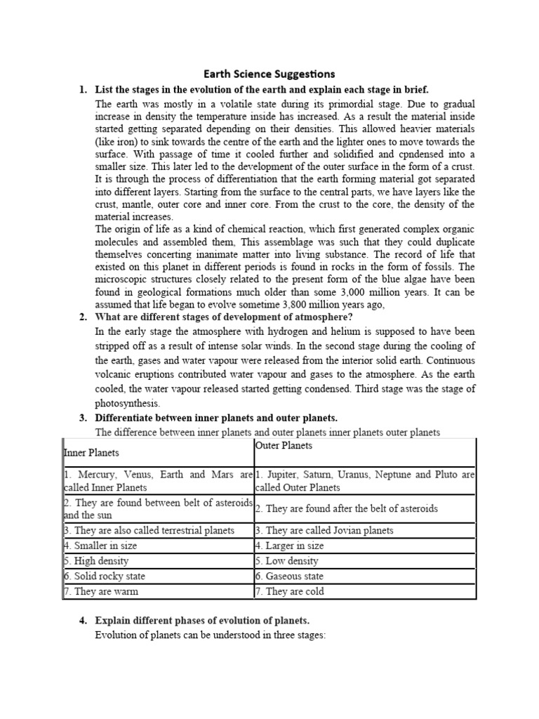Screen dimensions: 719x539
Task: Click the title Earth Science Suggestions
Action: (x=269, y=74)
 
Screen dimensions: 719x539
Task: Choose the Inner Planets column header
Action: (x=92, y=453)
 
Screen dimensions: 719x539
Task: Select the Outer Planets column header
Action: (x=284, y=446)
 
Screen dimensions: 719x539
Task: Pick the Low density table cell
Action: (x=290, y=561)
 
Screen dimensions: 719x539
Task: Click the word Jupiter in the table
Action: (x=284, y=475)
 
